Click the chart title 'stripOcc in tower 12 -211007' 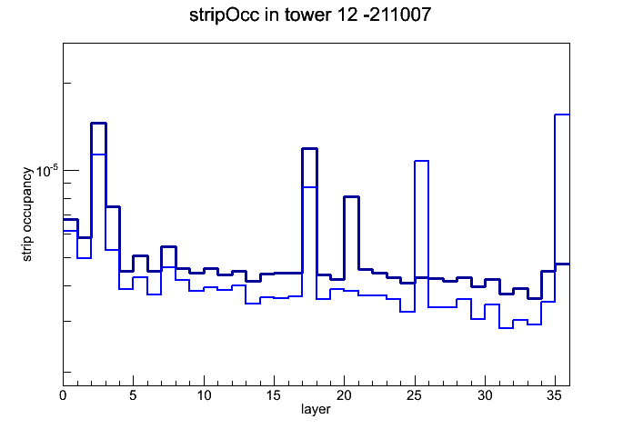pos(310,15)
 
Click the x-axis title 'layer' pos(316,409)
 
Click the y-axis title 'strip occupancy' pos(26,214)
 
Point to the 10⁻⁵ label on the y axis pos(47,170)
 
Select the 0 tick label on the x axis pos(63,395)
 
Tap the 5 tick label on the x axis pos(133,395)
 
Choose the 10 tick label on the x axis pos(204,395)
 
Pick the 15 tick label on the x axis pos(274,395)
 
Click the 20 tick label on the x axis pos(344,395)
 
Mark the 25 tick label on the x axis pos(414,395)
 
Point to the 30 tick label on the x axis pos(485,395)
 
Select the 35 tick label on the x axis pos(555,395)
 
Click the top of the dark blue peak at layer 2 pos(98,123)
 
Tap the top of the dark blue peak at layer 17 pos(309,149)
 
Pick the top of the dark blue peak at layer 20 pos(352,197)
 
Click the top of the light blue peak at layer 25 pos(421,161)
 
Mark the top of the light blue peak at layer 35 pos(562,115)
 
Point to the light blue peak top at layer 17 pos(309,187)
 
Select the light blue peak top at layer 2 pos(98,155)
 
